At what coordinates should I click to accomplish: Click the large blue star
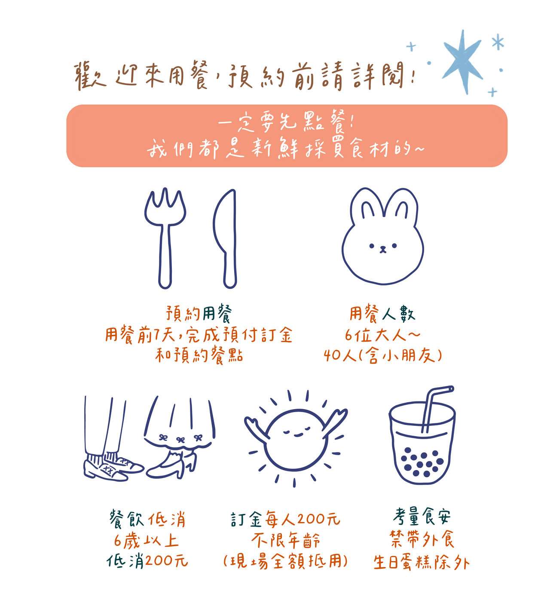463,61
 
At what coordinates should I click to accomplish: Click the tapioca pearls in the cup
422,462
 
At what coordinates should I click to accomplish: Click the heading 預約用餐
199,313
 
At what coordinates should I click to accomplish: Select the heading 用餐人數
382,313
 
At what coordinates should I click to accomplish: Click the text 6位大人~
382,335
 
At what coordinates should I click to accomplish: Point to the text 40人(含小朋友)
383,356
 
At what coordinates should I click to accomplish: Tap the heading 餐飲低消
147,519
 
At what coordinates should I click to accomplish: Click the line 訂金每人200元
285,519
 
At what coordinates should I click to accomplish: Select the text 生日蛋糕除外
422,562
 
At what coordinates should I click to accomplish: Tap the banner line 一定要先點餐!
287,122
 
